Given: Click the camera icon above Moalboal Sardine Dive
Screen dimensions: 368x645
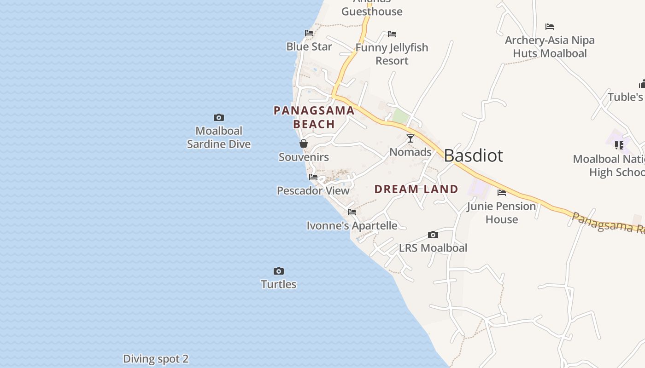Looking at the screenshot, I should pyautogui.click(x=219, y=118).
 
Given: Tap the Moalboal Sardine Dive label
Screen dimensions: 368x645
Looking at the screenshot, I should pyautogui.click(x=219, y=138).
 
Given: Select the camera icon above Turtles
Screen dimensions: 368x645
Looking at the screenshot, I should pyautogui.click(x=279, y=271).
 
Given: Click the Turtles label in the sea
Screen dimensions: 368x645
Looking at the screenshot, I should pyautogui.click(x=279, y=284).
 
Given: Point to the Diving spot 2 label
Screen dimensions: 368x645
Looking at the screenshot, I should pyautogui.click(x=156, y=359).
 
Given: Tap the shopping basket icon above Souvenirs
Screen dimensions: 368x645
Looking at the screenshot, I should pyautogui.click(x=304, y=144).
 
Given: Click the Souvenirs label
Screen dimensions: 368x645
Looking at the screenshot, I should pyautogui.click(x=304, y=157).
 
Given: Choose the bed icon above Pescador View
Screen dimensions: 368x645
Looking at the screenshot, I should pyautogui.click(x=313, y=177).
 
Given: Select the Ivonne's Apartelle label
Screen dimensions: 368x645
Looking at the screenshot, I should pyautogui.click(x=352, y=225).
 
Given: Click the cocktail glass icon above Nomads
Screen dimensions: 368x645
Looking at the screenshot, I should pyautogui.click(x=410, y=138).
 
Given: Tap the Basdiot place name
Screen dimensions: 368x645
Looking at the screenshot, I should pyautogui.click(x=474, y=155).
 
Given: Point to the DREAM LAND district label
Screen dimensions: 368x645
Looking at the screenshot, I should pyautogui.click(x=416, y=189).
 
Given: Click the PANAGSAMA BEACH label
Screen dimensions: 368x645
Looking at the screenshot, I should pyautogui.click(x=314, y=117).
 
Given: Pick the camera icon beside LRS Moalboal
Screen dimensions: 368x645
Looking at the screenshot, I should pyautogui.click(x=433, y=235).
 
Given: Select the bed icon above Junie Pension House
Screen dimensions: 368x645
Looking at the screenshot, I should pyautogui.click(x=502, y=193).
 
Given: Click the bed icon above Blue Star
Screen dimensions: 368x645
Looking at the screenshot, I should pyautogui.click(x=309, y=33).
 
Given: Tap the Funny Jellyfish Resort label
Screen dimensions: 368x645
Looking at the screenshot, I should pyautogui.click(x=392, y=54).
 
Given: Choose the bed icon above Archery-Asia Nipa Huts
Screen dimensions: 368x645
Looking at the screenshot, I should pyautogui.click(x=550, y=27).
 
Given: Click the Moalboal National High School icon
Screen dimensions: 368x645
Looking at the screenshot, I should pyautogui.click(x=619, y=145).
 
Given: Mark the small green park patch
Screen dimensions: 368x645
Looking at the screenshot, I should pyautogui.click(x=400, y=117).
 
